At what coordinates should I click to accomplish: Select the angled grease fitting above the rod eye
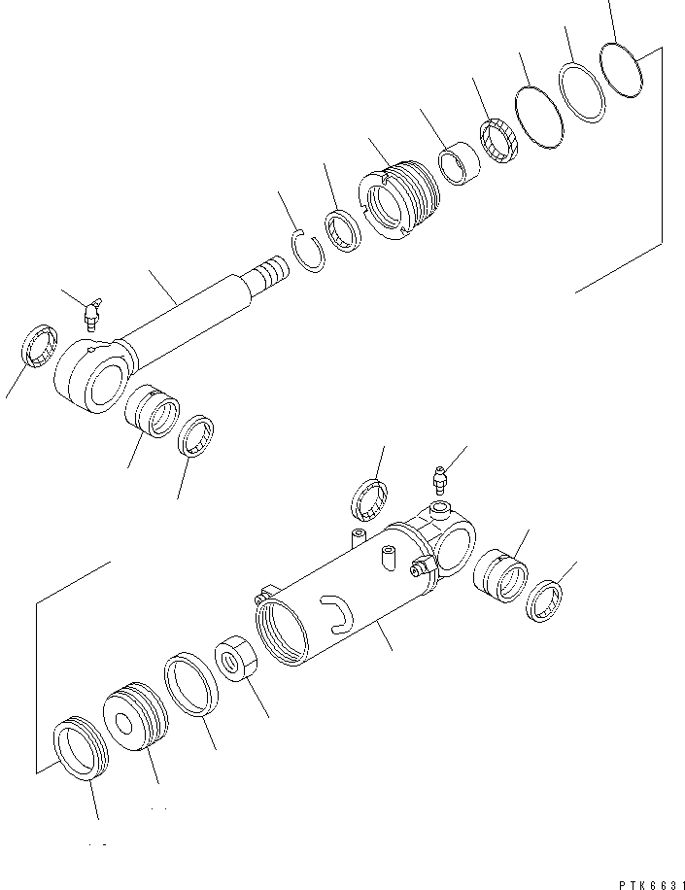pos(91,314)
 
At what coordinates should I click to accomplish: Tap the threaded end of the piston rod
pos(270,270)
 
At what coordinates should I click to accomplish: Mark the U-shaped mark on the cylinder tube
pos(334,614)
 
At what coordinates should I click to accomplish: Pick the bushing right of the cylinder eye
pos(499,579)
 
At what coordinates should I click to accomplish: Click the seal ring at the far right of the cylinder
pos(545,599)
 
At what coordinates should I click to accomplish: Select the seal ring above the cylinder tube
pos(368,500)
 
